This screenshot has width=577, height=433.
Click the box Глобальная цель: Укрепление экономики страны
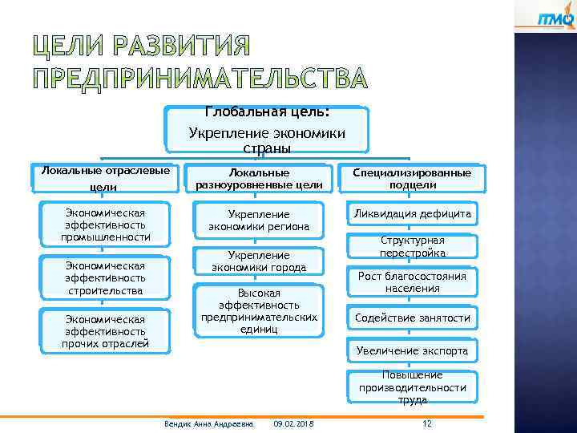(x=267, y=130)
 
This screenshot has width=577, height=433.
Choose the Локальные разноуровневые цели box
(x=259, y=179)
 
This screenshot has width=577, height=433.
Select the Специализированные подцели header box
(x=412, y=179)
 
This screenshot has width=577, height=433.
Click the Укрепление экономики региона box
(x=259, y=221)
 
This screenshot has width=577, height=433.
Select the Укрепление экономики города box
(x=259, y=261)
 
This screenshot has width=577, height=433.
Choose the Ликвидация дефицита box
(x=412, y=214)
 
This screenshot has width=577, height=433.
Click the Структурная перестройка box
(x=412, y=247)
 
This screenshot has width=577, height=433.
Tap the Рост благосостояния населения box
(x=412, y=282)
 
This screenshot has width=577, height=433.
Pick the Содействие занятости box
(x=412, y=318)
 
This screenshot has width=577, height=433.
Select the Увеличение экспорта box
(x=412, y=350)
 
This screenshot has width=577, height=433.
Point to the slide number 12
(x=426, y=423)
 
